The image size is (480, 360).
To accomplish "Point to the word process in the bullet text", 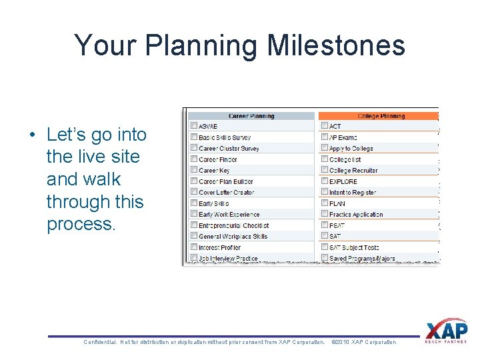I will point(81,224).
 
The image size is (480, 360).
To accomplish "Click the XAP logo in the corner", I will point(446,331).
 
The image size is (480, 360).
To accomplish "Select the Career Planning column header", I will point(251,116).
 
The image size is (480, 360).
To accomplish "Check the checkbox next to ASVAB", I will point(193,126).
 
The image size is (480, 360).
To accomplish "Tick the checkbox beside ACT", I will point(324,126).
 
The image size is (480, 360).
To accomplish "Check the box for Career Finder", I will point(193,159).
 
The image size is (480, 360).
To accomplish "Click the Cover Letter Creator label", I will point(226,193).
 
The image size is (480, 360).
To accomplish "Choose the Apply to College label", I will point(351,149).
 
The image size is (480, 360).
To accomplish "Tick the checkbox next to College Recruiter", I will point(324,171).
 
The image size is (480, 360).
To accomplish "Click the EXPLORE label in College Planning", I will point(343,181).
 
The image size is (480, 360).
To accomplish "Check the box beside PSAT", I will point(324,225).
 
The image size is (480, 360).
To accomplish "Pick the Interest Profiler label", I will point(219,247).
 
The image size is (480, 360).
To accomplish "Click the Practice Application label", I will point(356,215).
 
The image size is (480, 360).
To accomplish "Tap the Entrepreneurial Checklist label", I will point(233,225).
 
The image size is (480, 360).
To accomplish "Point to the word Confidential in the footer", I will point(99,342).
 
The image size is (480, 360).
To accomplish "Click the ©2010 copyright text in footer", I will point(363,342).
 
